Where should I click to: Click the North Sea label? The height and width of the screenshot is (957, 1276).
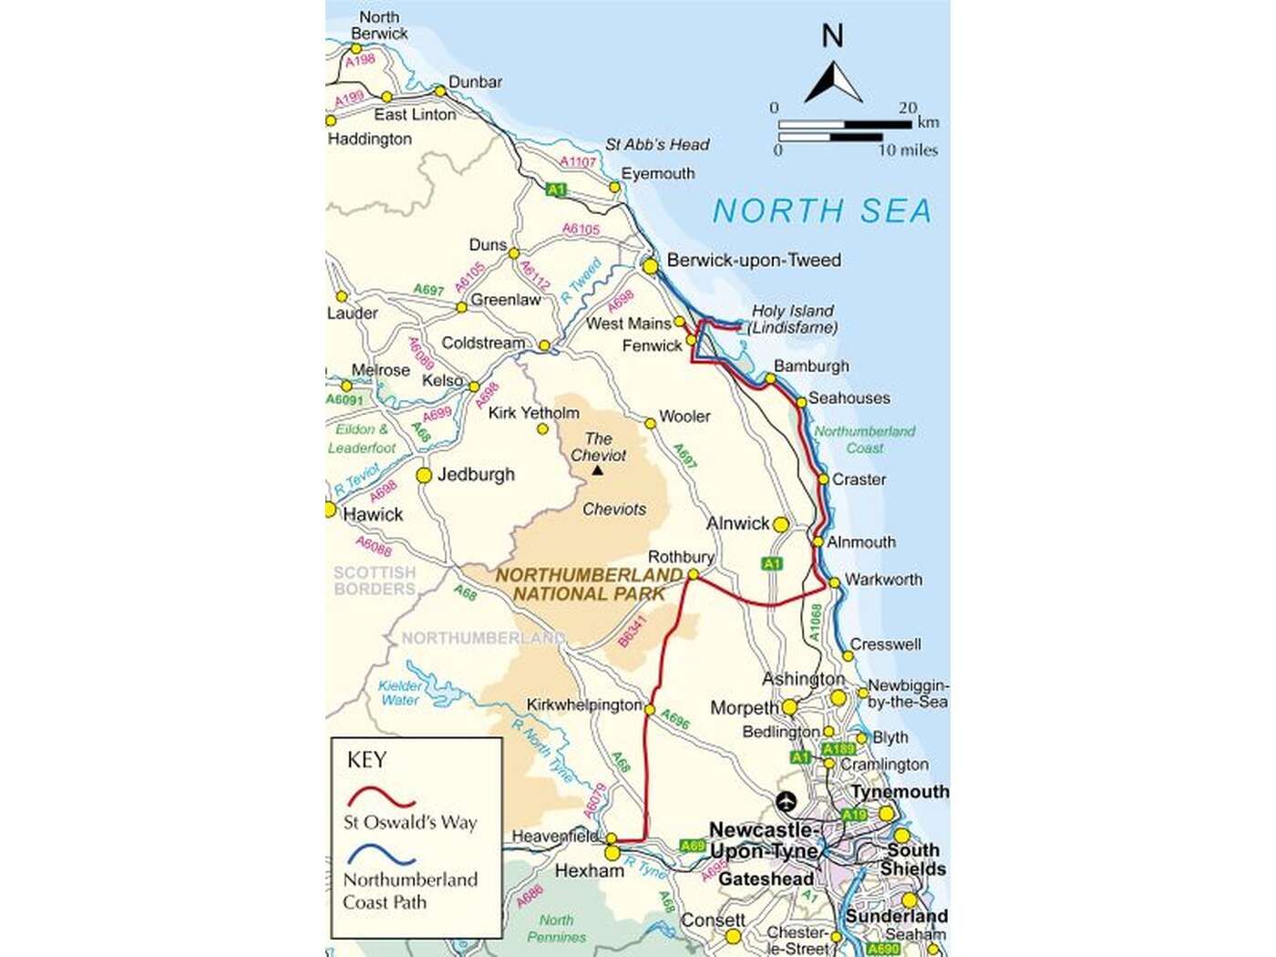pyautogui.click(x=822, y=211)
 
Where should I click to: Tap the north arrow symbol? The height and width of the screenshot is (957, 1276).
pyautogui.click(x=833, y=83)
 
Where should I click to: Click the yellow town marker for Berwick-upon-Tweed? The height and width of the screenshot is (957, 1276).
pyautogui.click(x=650, y=266)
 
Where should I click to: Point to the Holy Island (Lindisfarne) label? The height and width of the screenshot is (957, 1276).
pyautogui.click(x=793, y=319)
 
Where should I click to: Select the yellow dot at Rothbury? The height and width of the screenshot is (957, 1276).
pyautogui.click(x=693, y=574)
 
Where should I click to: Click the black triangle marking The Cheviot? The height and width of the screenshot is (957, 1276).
pyautogui.click(x=597, y=470)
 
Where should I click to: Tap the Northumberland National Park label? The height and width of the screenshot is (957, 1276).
pyautogui.click(x=589, y=584)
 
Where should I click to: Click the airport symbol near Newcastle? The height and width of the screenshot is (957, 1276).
pyautogui.click(x=786, y=802)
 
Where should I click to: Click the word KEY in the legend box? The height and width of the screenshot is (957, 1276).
pyautogui.click(x=366, y=760)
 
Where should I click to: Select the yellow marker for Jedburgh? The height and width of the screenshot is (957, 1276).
pyautogui.click(x=424, y=475)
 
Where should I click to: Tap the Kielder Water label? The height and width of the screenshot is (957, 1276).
pyautogui.click(x=401, y=693)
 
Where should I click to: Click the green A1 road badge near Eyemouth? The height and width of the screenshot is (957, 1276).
pyautogui.click(x=556, y=190)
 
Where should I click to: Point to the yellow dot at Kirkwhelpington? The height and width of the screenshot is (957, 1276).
pyautogui.click(x=650, y=708)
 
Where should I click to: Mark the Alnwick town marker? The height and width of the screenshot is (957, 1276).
pyautogui.click(x=780, y=525)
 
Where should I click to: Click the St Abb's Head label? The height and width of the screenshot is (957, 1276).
pyautogui.click(x=656, y=144)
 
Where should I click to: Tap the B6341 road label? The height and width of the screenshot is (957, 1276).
pyautogui.click(x=632, y=632)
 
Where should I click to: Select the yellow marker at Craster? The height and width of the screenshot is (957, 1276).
pyautogui.click(x=823, y=478)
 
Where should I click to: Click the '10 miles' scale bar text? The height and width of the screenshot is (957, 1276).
pyautogui.click(x=908, y=150)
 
